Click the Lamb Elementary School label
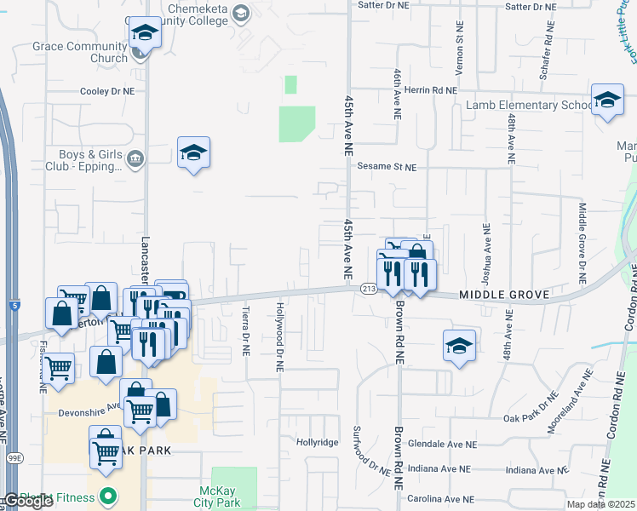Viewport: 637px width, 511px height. pos(528,105)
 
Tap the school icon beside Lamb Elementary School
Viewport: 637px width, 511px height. pos(607,100)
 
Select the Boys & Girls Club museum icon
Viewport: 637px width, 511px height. pos(135,158)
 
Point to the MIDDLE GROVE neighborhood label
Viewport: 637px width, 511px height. pos(504,294)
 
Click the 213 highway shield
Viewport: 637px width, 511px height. pos(368,290)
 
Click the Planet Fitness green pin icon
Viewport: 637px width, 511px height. pos(108,495)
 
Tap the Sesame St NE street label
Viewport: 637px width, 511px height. pos(386,167)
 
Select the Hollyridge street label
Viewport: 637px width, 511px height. pos(317,442)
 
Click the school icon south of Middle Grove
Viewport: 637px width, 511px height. pos(459,346)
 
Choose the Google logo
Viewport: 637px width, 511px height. pos(28,501)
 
